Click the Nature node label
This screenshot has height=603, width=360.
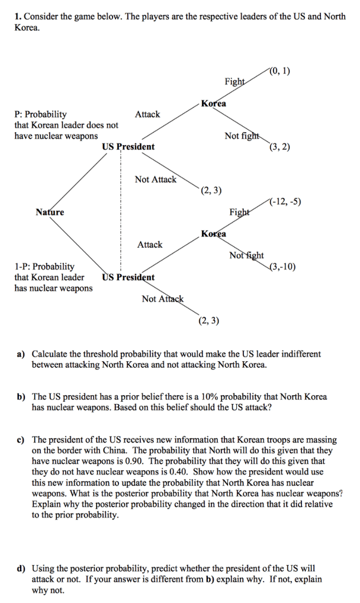(50, 212)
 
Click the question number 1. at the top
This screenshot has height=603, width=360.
(18, 17)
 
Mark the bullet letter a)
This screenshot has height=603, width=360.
(20, 354)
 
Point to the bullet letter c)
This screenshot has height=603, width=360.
(20, 440)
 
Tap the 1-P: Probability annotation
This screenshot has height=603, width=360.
(44, 267)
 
